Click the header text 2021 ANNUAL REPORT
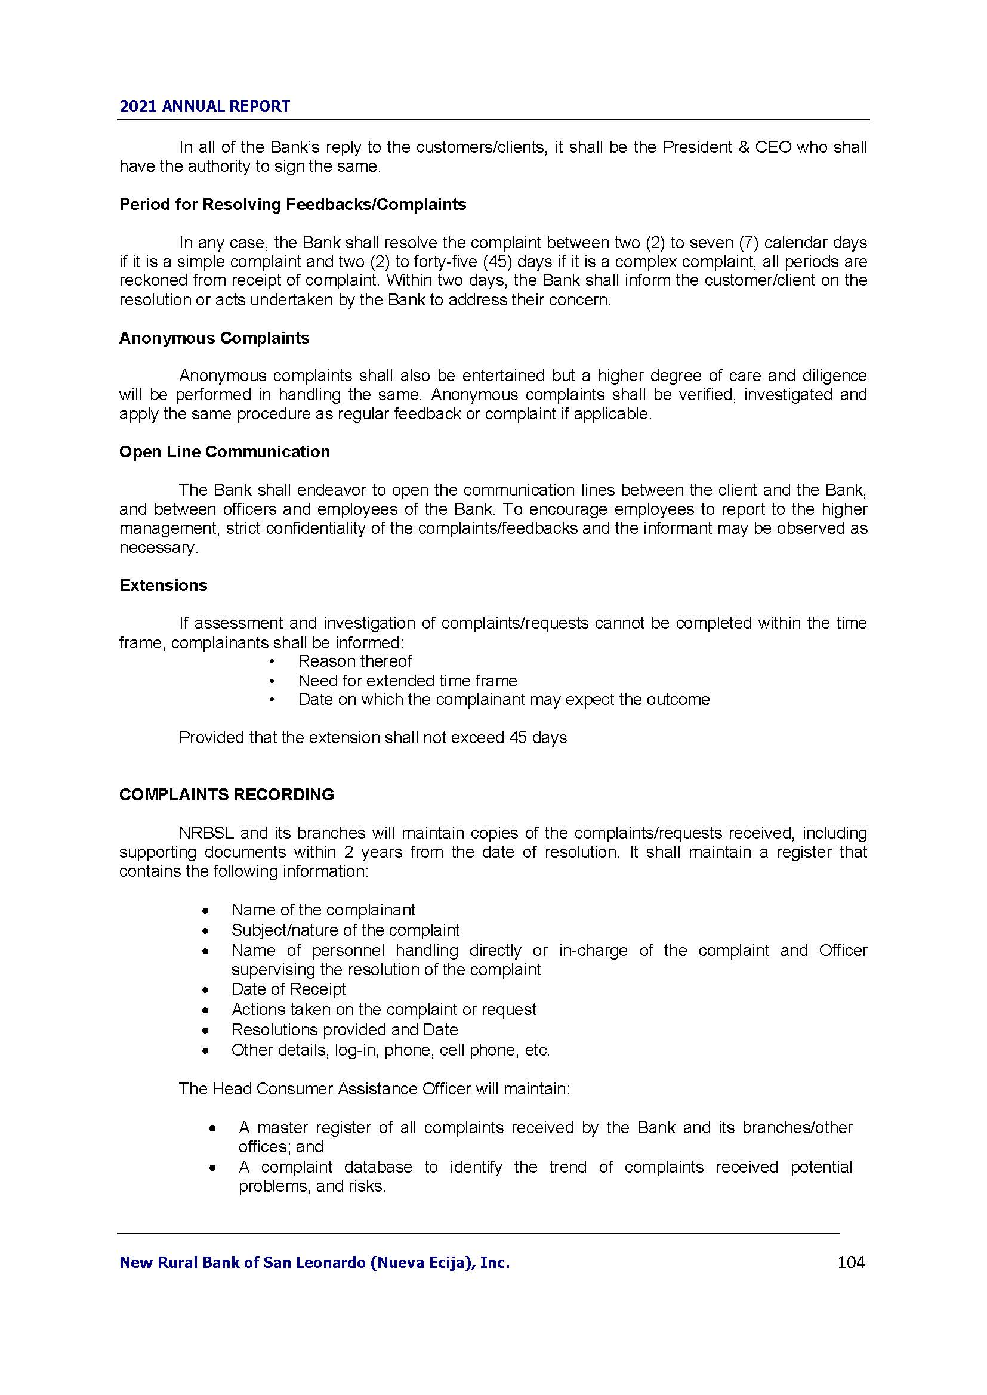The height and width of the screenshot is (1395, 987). [x=205, y=106]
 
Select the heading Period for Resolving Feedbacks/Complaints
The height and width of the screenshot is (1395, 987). [x=292, y=204]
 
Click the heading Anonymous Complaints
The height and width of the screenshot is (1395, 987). [x=214, y=338]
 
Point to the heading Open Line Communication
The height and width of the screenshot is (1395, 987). [x=224, y=451]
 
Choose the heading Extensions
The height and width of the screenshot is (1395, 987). [x=163, y=585]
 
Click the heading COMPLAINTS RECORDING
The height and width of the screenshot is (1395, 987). [x=226, y=794]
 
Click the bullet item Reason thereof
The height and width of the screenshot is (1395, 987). [x=355, y=661]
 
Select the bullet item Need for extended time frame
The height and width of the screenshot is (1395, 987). [x=407, y=681]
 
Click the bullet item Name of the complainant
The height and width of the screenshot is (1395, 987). [x=323, y=910]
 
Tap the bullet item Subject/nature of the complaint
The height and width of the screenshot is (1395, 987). [x=345, y=930]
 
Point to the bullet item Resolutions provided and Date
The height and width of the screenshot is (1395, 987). [x=344, y=1029]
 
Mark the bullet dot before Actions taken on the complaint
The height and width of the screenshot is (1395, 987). [x=207, y=1010]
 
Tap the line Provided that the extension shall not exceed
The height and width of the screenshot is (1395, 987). [x=372, y=738]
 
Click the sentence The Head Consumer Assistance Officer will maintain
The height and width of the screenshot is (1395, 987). [x=374, y=1088]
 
